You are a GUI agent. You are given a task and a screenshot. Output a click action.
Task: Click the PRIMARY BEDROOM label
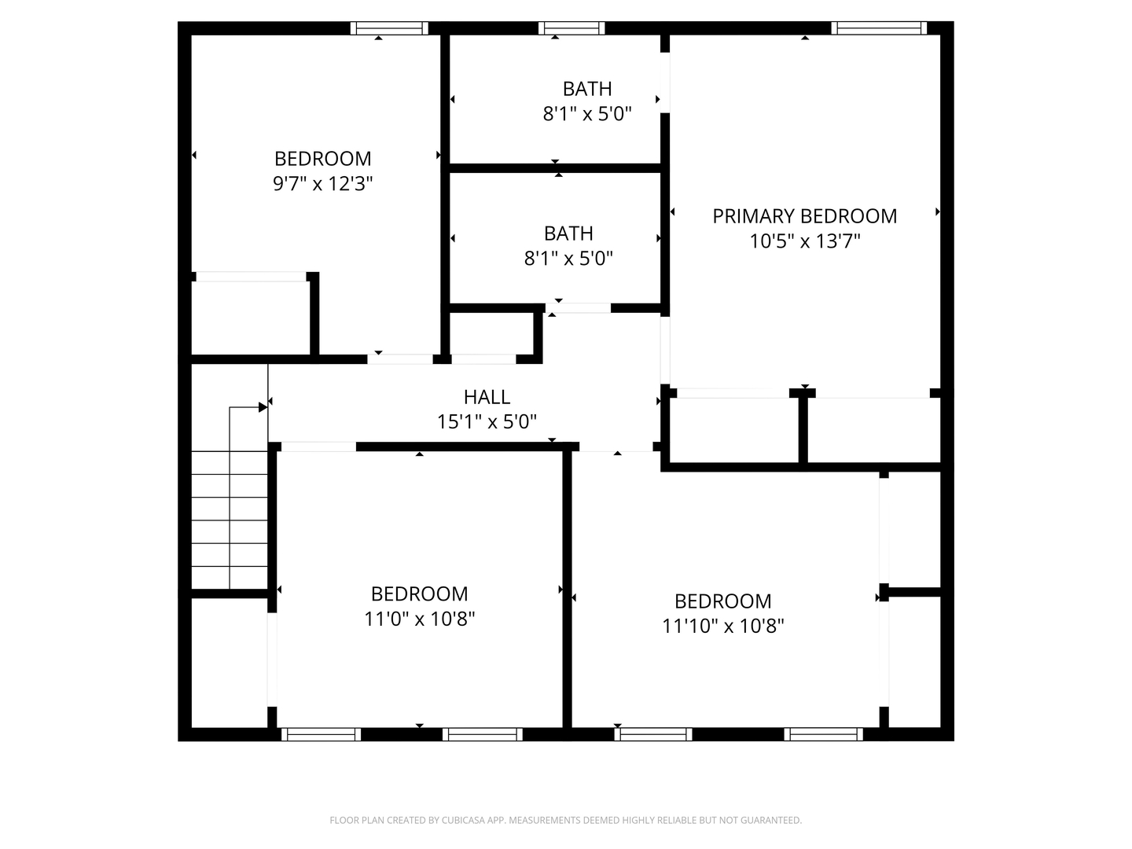tap(804, 216)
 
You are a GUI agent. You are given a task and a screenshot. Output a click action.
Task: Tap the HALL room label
tap(487, 397)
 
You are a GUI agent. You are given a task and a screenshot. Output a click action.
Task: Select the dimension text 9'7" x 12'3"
tap(322, 184)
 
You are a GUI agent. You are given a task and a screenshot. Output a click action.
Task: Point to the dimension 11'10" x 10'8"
tap(722, 627)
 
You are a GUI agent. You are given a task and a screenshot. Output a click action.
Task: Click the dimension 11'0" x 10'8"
tap(419, 619)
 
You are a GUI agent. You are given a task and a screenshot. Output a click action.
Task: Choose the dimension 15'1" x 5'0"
tap(487, 422)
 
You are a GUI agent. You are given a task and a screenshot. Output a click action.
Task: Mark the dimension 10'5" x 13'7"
tap(804, 241)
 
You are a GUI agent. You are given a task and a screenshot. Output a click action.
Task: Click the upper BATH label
tap(587, 89)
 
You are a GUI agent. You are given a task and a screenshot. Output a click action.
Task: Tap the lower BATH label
tap(568, 233)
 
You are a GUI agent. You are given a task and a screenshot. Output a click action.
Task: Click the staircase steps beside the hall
tap(230, 519)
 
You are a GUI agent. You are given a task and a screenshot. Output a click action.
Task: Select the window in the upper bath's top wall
tap(572, 29)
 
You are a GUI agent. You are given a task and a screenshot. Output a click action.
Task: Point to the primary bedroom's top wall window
tap(879, 29)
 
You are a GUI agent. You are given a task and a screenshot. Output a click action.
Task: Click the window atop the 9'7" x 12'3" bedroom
tap(389, 29)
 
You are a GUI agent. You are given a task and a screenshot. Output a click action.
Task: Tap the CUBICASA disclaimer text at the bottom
tap(565, 821)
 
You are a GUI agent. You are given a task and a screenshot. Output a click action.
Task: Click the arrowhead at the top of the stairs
tap(263, 407)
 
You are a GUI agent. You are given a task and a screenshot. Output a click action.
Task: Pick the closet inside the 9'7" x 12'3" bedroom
tap(251, 318)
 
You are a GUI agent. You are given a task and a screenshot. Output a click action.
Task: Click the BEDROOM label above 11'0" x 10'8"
tap(419, 594)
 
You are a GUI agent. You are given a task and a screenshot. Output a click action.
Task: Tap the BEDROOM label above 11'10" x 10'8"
tap(722, 601)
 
